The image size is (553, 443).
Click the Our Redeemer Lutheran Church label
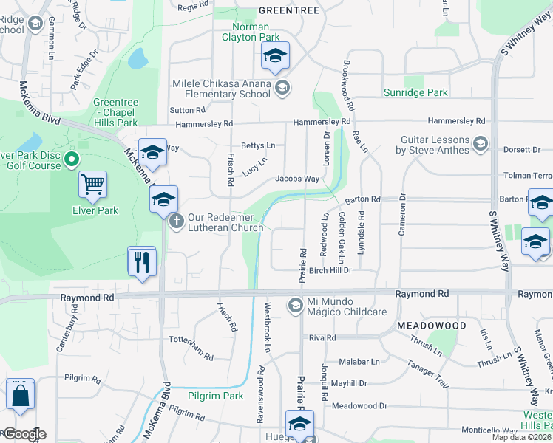[x=225, y=222]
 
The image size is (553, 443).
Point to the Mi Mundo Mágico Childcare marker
[x=295, y=305]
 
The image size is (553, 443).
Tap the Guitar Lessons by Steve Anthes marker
[x=481, y=142]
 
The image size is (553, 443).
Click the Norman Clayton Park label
[x=251, y=32]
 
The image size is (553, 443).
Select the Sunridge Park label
[x=415, y=93]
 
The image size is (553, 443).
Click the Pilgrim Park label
[x=215, y=396]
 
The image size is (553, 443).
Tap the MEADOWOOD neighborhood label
[x=431, y=326]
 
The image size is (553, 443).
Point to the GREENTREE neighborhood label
[x=289, y=10]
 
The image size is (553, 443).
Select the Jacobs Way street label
[x=297, y=179]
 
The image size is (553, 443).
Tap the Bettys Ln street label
[x=258, y=146]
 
